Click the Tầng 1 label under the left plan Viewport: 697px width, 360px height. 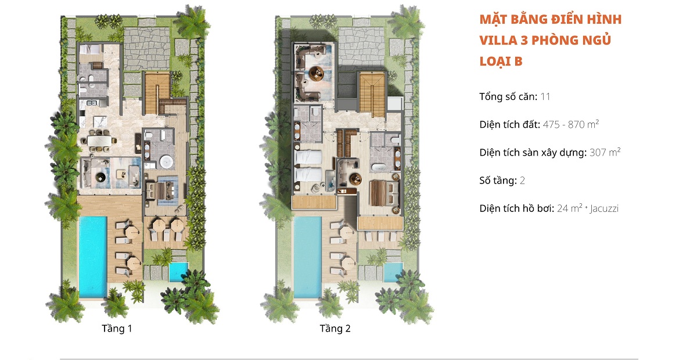pyautogui.click(x=117, y=329)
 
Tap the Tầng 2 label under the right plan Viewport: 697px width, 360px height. pyautogui.click(x=335, y=329)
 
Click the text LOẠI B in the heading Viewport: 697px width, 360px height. pyautogui.click(x=501, y=62)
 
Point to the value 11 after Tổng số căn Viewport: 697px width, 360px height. pyautogui.click(x=545, y=97)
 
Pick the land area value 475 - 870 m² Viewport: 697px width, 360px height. pyautogui.click(x=570, y=124)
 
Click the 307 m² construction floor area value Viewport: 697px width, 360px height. pyautogui.click(x=605, y=153)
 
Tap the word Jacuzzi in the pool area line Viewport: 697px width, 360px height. pyautogui.click(x=604, y=208)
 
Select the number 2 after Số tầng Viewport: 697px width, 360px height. pyautogui.click(x=522, y=181)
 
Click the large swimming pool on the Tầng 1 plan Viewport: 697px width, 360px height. pyautogui.click(x=93, y=257)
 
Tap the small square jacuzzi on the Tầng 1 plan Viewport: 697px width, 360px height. pyautogui.click(x=179, y=272)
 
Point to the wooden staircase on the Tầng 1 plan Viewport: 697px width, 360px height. pyautogui.click(x=157, y=93)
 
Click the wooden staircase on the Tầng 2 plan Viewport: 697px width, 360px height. pyautogui.click(x=372, y=94)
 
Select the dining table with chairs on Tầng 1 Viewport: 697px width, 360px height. pyautogui.click(x=99, y=141)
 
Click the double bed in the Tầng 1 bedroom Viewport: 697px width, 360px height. pyautogui.click(x=160, y=190)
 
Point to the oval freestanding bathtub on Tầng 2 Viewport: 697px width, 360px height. pyautogui.click(x=379, y=167)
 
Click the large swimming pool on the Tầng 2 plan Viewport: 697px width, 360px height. pyautogui.click(x=307, y=257)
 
